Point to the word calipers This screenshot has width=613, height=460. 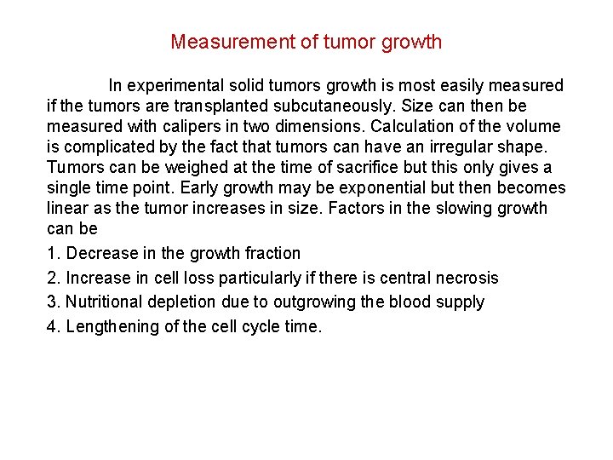tap(171, 126)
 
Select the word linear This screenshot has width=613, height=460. tap(69, 208)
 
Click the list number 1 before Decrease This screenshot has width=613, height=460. tap(52, 253)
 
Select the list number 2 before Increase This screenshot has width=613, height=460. tap(52, 278)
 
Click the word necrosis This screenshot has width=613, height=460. tap(467, 278)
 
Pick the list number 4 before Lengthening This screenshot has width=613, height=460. tap(52, 326)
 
